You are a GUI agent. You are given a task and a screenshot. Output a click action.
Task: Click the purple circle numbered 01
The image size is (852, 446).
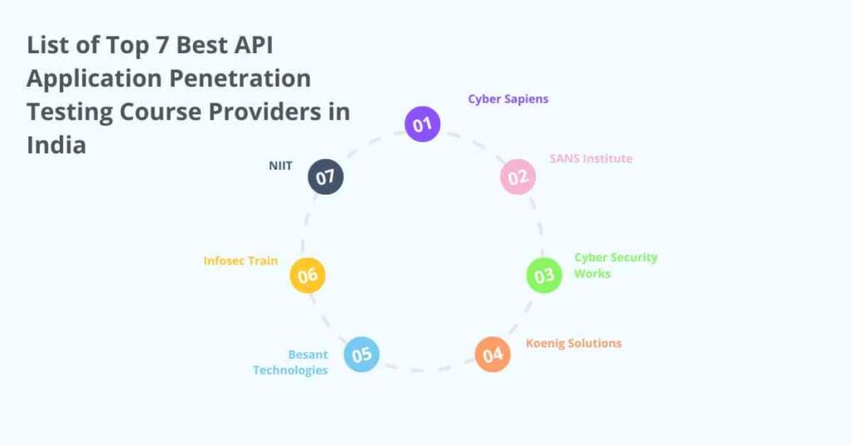point(423,125)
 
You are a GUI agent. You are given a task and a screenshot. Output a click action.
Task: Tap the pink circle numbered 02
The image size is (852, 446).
point(518,176)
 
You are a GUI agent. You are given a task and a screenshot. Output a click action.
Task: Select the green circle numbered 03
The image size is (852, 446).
point(544,275)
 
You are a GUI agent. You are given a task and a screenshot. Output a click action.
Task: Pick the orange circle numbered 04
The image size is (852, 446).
point(493,354)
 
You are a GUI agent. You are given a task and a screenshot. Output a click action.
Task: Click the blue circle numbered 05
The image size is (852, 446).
point(361,354)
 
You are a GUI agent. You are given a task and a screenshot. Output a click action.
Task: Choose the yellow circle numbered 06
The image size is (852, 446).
point(308,275)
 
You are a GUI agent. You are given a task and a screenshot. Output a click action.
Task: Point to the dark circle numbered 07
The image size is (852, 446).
point(325,176)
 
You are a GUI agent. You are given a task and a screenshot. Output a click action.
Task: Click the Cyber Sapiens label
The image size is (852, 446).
point(508,99)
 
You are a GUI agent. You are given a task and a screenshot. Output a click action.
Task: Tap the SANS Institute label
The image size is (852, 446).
point(591,158)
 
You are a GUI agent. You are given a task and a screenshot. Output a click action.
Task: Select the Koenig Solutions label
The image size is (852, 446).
point(573,343)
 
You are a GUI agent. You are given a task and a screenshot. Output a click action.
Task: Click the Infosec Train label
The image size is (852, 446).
point(240,260)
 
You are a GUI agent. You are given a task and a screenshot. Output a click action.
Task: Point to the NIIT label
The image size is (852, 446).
point(280,166)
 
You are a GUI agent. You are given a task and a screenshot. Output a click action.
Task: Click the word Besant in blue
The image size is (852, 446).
point(308,355)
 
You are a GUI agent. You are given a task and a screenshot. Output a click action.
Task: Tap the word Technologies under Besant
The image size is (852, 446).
point(290,370)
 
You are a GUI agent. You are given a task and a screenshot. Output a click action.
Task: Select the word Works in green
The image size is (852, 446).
point(592,274)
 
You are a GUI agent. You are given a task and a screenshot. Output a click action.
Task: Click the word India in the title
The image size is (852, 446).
point(57,145)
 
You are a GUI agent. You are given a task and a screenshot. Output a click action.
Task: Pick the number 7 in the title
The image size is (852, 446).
point(158,45)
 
